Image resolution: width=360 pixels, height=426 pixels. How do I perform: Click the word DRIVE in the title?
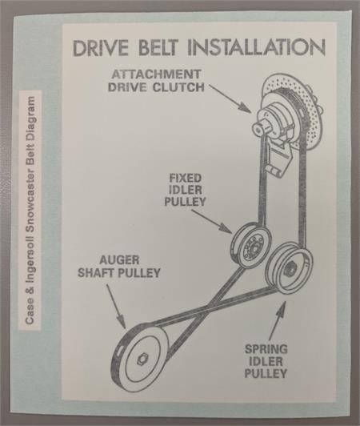pyautogui.click(x=101, y=48)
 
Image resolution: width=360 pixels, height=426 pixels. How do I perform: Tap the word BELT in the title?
pyautogui.click(x=158, y=48)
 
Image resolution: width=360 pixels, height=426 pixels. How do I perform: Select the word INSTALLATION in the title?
pyautogui.click(x=256, y=48)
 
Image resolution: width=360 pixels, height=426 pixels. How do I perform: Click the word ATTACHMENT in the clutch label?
pyautogui.click(x=156, y=74)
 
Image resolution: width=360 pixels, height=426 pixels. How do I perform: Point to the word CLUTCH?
pyautogui.click(x=178, y=87)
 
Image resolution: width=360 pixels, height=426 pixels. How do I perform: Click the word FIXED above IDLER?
pyautogui.click(x=186, y=179)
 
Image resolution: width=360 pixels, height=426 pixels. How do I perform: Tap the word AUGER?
pyautogui.click(x=119, y=260)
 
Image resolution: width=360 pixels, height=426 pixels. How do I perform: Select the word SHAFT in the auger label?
pyautogui.click(x=94, y=273)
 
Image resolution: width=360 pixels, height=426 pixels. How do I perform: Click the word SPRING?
pyautogui.click(x=266, y=349)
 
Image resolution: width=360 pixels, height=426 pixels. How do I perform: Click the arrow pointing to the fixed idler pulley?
pyautogui.click(x=213, y=222)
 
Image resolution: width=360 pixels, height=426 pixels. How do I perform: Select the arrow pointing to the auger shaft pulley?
pyautogui.click(x=116, y=305)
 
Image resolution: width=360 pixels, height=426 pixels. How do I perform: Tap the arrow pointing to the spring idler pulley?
pyautogui.click(x=277, y=319)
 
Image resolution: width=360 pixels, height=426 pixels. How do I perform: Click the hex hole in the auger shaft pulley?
pyautogui.click(x=142, y=360)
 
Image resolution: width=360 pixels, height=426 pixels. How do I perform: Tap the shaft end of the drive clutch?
pyautogui.click(x=258, y=128)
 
